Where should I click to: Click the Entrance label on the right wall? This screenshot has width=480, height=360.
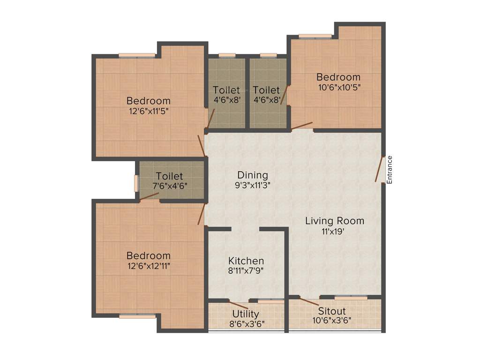389,169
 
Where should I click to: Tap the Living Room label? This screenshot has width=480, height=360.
334,221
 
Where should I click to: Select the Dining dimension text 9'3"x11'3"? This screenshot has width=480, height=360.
252,185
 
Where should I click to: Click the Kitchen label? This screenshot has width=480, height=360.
246,261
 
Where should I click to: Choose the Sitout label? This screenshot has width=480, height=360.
332,311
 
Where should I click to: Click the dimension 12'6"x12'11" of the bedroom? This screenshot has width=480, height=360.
148,266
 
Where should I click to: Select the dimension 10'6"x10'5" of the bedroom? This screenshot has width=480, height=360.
338,87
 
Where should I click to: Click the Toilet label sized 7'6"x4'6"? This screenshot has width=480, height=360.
169,176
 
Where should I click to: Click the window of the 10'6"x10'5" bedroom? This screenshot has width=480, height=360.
315,36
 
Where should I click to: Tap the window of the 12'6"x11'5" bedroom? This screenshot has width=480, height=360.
136,55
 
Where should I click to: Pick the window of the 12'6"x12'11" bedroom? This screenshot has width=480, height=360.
136,316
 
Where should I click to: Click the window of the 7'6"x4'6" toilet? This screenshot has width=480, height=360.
136,183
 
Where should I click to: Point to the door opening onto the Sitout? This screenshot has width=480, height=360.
309,302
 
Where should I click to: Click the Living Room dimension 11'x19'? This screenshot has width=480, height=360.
334,231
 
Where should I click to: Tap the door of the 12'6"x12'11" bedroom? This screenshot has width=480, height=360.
202,214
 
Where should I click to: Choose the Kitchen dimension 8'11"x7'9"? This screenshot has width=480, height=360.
246,270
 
